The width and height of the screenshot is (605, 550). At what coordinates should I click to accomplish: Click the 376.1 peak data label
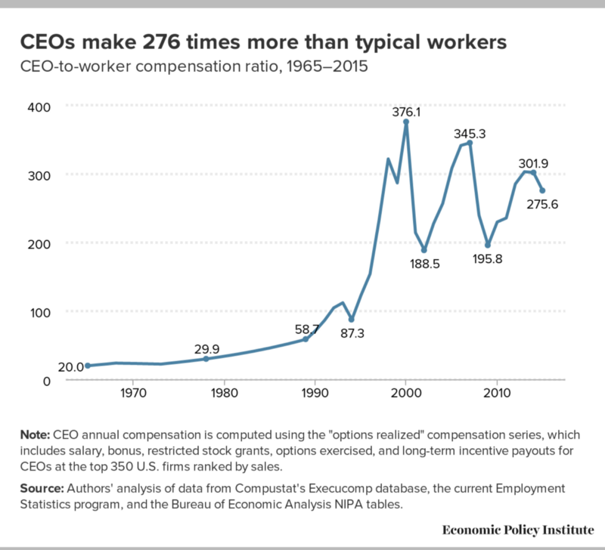[x=406, y=112]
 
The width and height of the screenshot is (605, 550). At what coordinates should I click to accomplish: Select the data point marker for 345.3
[x=470, y=142]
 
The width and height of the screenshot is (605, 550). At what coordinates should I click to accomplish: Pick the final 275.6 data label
[x=543, y=204]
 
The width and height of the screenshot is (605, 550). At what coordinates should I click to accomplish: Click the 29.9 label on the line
[x=208, y=348]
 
